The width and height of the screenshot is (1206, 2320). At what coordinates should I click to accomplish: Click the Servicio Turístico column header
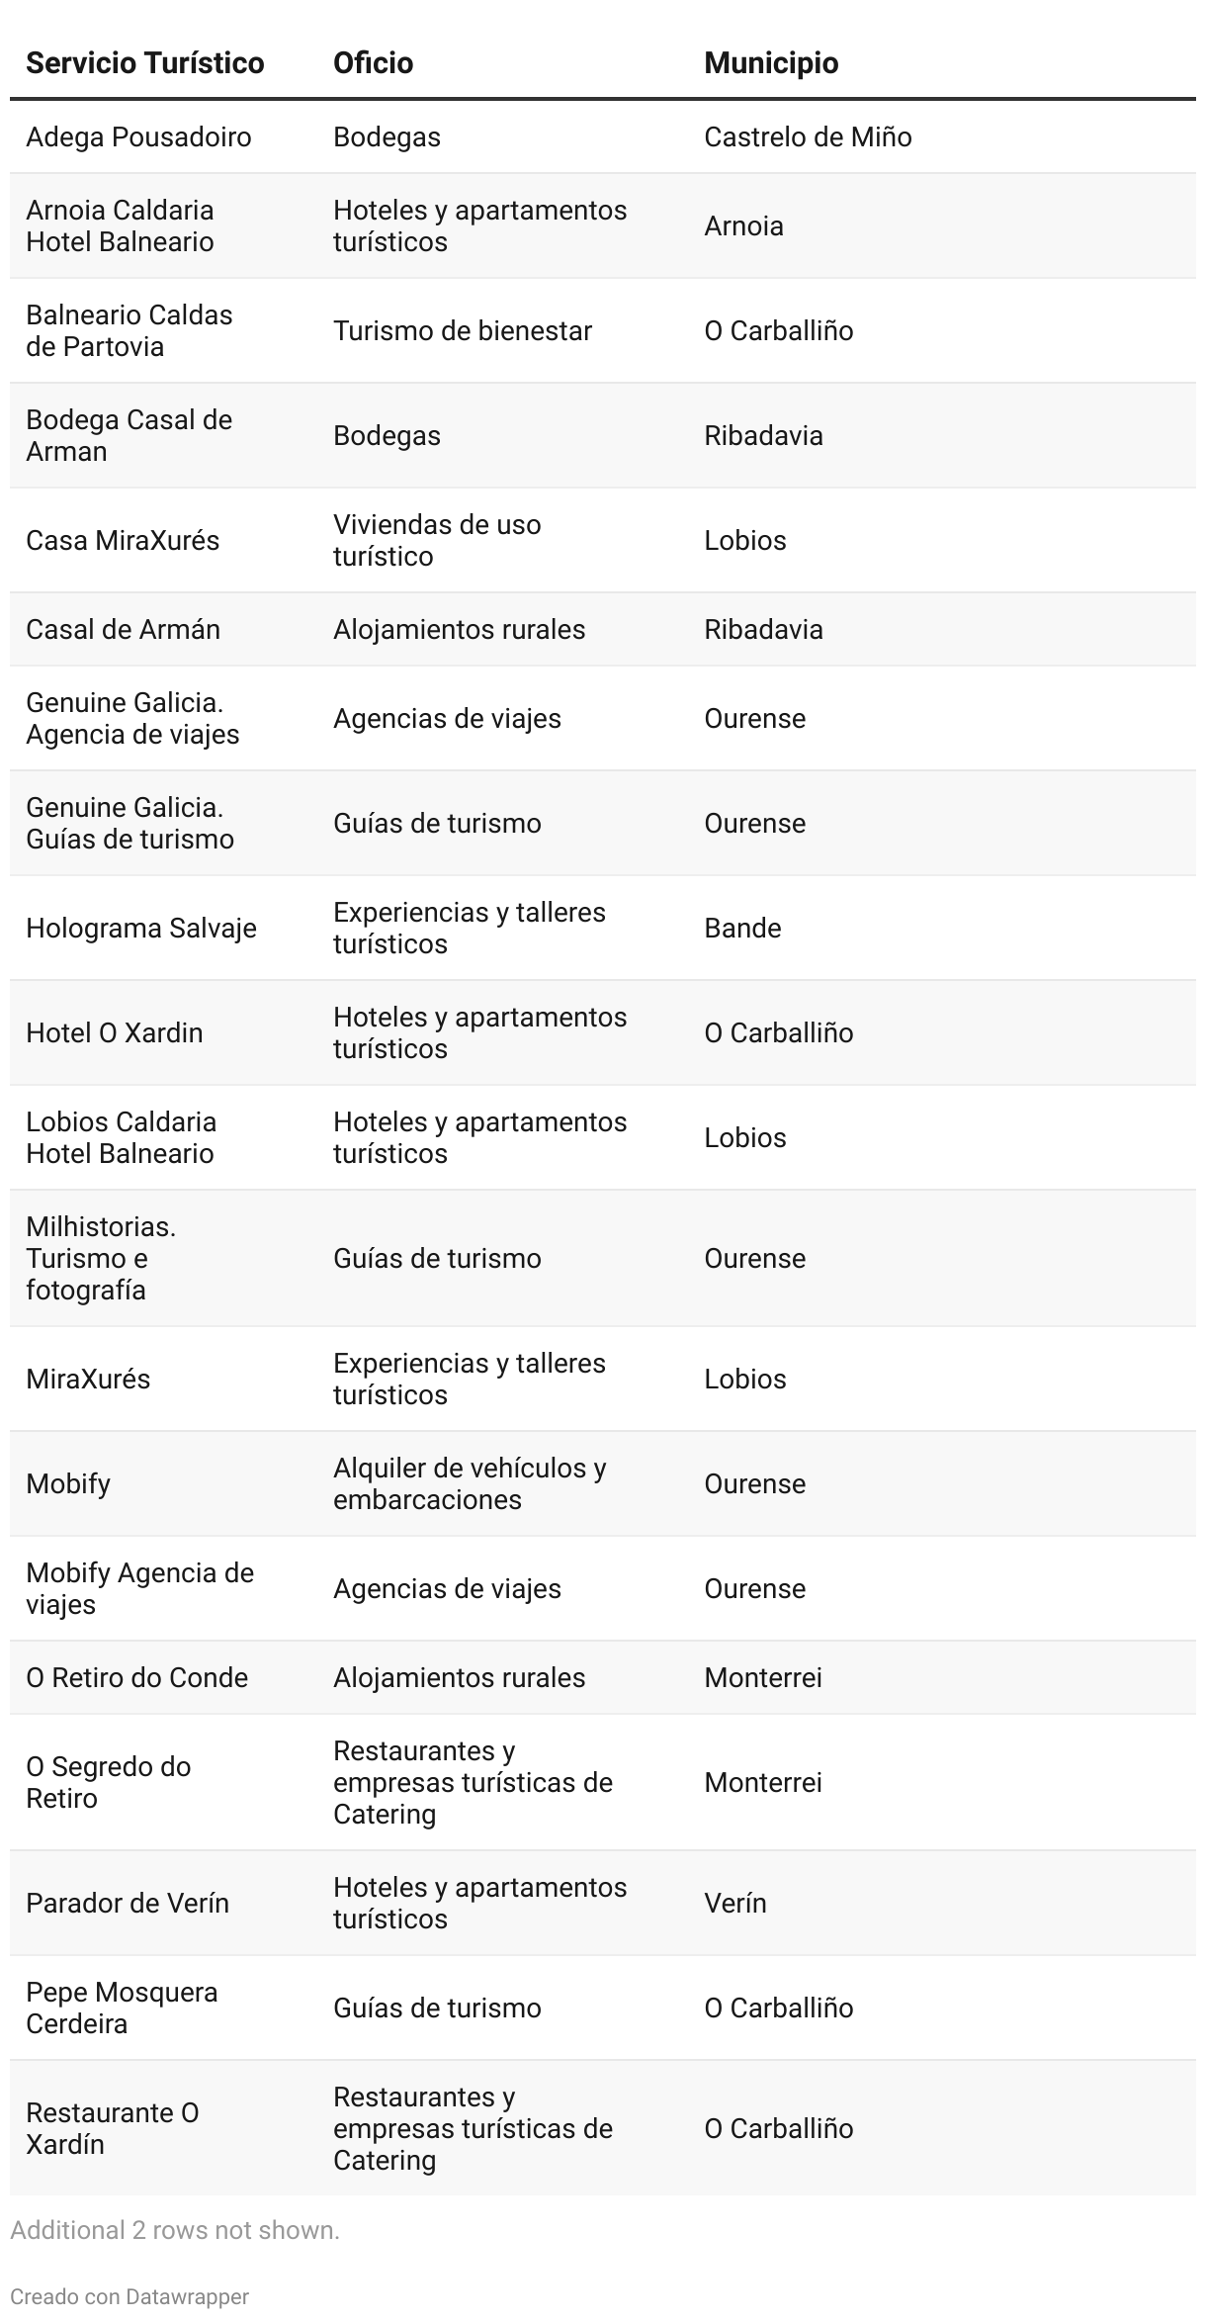click(144, 63)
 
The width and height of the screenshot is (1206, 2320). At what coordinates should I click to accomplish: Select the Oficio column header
click(373, 63)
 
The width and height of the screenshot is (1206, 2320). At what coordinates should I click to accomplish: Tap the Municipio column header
click(770, 63)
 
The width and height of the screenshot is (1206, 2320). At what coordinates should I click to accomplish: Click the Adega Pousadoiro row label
click(138, 136)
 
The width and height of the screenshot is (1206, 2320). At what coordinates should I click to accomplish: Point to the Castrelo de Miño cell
click(807, 136)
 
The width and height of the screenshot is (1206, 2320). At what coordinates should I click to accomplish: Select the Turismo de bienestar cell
click(462, 330)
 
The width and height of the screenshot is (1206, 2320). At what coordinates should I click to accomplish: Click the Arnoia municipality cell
click(743, 225)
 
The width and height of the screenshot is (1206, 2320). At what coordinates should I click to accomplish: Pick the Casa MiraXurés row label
click(123, 540)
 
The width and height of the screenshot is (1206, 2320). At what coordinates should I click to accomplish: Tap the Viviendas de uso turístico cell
click(436, 540)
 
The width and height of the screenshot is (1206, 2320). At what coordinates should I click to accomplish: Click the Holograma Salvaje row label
click(140, 928)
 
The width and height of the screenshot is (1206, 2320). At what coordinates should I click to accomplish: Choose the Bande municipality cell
click(742, 928)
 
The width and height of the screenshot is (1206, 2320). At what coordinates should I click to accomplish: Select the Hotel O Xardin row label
click(114, 1032)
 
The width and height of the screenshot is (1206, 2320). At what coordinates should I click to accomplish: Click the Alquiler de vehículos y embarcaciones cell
click(469, 1483)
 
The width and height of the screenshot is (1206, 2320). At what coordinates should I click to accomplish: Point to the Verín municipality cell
click(734, 1903)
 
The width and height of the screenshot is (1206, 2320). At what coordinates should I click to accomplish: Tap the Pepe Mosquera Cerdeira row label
click(121, 2008)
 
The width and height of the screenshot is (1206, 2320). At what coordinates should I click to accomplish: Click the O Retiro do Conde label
click(136, 1677)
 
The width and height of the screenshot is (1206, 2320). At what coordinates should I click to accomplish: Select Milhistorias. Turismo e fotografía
click(100, 1258)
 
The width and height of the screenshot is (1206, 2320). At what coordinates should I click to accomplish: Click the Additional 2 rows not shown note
click(174, 2230)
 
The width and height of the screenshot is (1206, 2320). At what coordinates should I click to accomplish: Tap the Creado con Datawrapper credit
click(129, 2296)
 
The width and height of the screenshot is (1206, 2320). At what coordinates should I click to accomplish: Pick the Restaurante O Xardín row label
click(112, 2128)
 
